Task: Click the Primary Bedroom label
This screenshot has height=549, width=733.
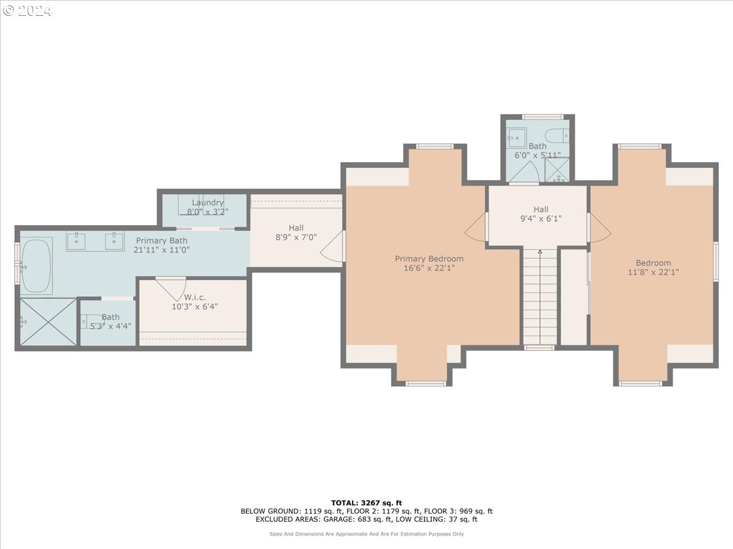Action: click(429, 259)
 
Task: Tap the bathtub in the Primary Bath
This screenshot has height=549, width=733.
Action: click(36, 266)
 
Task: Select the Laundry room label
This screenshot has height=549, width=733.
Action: click(207, 203)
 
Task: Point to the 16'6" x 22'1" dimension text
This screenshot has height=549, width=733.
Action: click(429, 268)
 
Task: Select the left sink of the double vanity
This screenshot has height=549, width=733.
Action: click(76, 242)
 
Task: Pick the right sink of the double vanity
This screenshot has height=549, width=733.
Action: click(114, 242)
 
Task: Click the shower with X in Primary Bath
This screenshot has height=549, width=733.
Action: click(48, 322)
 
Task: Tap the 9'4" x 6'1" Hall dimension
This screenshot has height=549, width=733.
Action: click(541, 218)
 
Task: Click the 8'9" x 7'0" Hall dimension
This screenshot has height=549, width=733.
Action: click(296, 237)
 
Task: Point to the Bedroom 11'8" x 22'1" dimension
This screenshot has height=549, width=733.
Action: click(653, 272)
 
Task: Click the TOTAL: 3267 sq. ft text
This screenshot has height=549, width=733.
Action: click(366, 503)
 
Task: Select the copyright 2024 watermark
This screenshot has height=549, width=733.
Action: click(27, 10)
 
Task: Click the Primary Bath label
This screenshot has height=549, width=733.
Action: click(162, 240)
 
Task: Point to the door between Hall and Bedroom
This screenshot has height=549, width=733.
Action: click(599, 228)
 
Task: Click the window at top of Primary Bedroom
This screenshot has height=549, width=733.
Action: click(435, 146)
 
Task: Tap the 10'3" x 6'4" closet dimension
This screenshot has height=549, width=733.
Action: click(195, 306)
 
